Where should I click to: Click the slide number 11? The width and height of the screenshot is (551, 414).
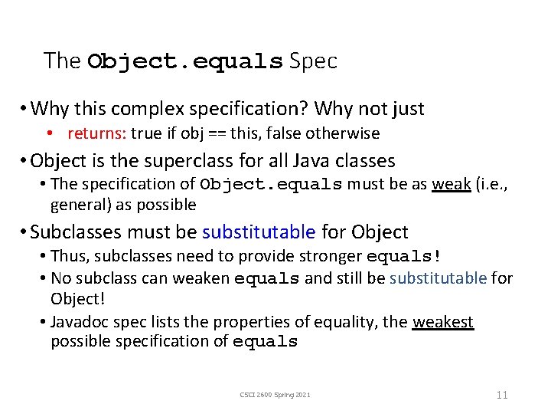[x=502, y=395]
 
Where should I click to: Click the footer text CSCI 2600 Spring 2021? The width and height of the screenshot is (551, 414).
[x=275, y=395]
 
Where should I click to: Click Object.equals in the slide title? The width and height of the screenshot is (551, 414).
[x=185, y=61]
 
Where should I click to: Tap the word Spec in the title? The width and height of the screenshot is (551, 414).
[x=314, y=61]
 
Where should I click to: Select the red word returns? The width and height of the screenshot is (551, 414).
[x=96, y=133]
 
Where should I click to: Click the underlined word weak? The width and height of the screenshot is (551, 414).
[x=451, y=184]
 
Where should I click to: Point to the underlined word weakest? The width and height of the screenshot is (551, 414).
[x=443, y=322]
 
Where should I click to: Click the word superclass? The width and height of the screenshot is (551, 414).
[x=172, y=161]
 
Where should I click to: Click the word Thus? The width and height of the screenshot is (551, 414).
[x=67, y=255]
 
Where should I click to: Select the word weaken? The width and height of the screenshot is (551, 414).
[x=201, y=278]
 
